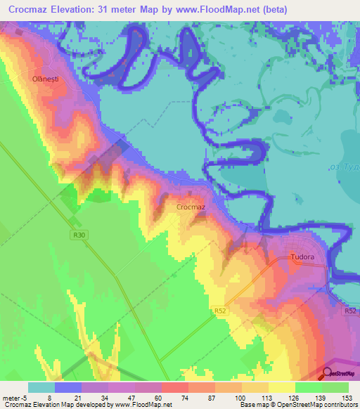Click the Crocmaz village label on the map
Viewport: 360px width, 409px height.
click(x=191, y=207)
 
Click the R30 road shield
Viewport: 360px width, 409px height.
click(x=77, y=235)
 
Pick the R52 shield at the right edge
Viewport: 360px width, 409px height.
click(x=352, y=310)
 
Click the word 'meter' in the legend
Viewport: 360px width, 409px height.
click(x=13, y=398)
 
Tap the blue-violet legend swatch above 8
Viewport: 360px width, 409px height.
click(x=68, y=387)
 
